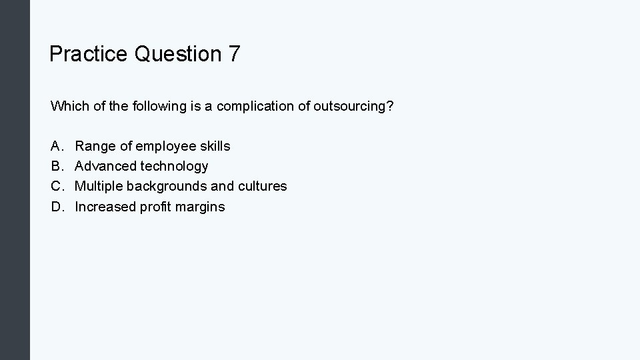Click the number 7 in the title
(233, 54)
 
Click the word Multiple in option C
(99, 186)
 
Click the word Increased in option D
(105, 207)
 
